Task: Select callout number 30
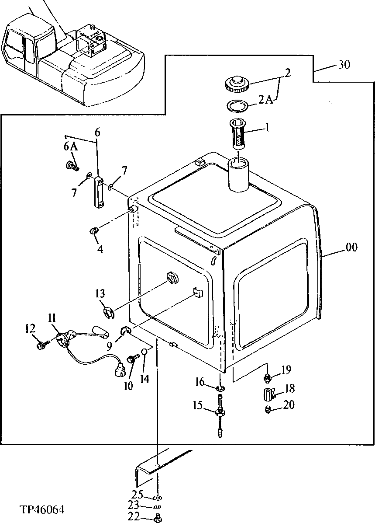tap(344, 65)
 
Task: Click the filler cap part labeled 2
tap(237, 84)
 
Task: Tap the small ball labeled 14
tap(144, 352)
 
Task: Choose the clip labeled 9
tap(124, 331)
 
